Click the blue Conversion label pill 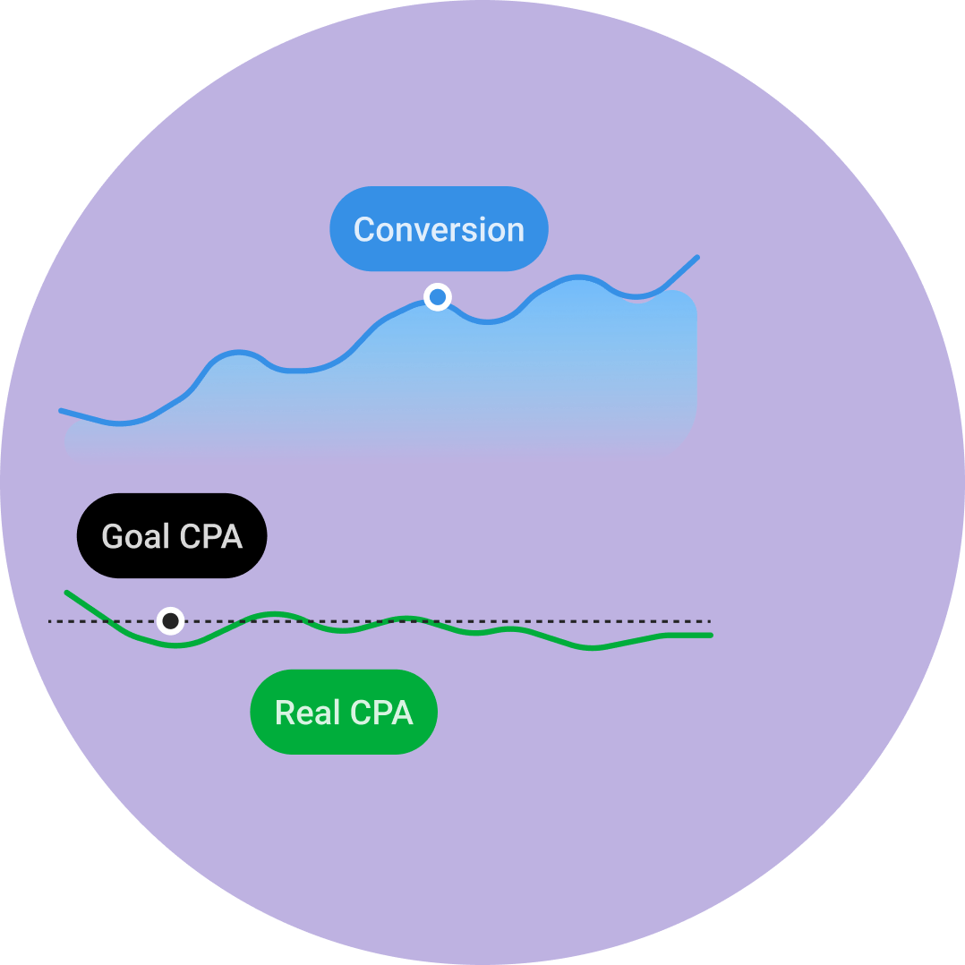[x=439, y=229]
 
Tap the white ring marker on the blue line [x=437, y=297]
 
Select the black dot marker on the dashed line [x=170, y=620]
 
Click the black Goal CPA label [x=172, y=536]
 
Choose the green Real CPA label [x=344, y=713]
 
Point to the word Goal [x=136, y=536]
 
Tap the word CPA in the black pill [x=211, y=536]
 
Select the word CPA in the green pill [x=381, y=713]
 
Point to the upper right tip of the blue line [x=696, y=257]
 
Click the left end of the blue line [x=62, y=411]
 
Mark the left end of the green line [x=67, y=593]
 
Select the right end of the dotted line [x=709, y=620]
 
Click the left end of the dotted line [x=50, y=620]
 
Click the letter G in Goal [x=112, y=536]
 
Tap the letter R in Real [x=284, y=713]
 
